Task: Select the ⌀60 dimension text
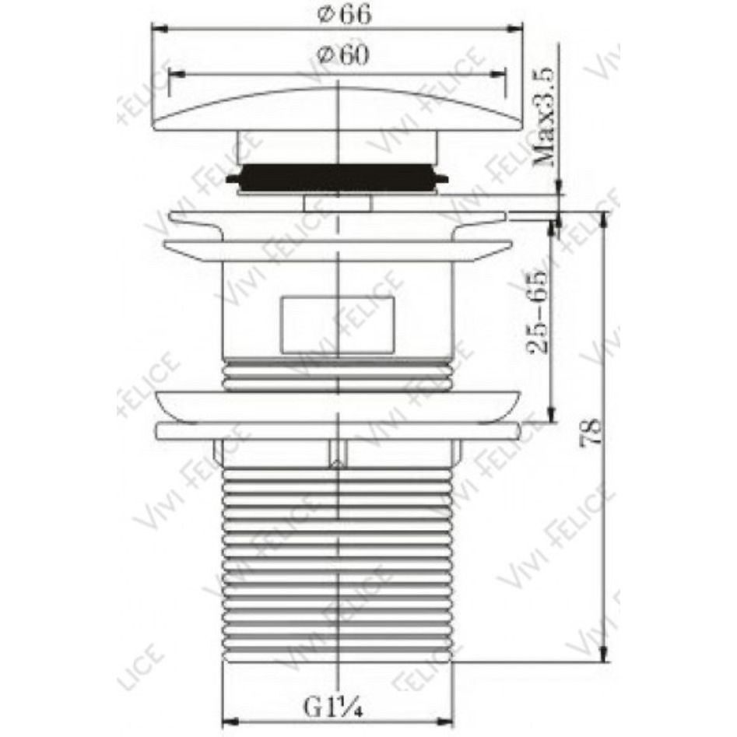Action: pyautogui.click(x=343, y=55)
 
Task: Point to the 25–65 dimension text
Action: pyautogui.click(x=537, y=311)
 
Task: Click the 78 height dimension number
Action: pyautogui.click(x=591, y=432)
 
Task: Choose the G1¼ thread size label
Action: pyautogui.click(x=333, y=707)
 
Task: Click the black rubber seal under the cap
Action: pyautogui.click(x=337, y=177)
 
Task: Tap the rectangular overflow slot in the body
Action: pyautogui.click(x=337, y=325)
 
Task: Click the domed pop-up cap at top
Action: pyautogui.click(x=338, y=108)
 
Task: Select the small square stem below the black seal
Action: pyautogui.click(x=338, y=204)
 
